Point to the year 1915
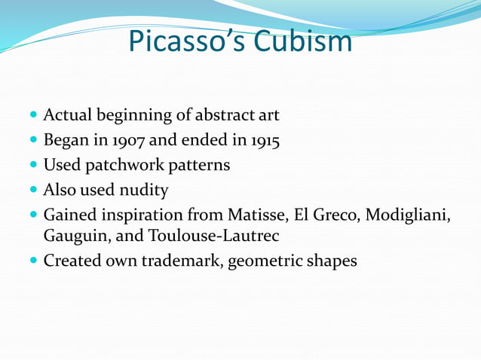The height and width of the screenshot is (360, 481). coord(265,140)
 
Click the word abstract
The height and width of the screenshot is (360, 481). coord(225,115)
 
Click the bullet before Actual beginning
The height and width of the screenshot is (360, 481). coord(33,116)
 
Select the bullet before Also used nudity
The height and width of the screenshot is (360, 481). coord(33,189)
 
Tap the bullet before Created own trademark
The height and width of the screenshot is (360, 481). coord(33,262)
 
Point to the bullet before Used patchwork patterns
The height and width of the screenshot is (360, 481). coord(33,165)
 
